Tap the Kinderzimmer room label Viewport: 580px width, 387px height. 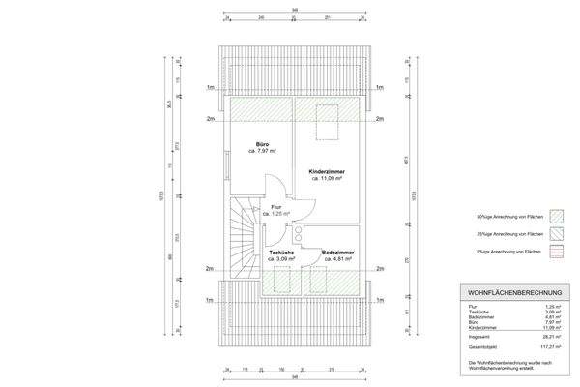pyautogui.click(x=328, y=172)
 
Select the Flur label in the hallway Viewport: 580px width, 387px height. pyautogui.click(x=276, y=207)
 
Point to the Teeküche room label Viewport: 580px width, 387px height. pyautogui.click(x=281, y=253)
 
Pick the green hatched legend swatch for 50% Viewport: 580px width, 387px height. pyautogui.click(x=556, y=214)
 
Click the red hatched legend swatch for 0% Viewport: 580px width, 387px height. pyautogui.click(x=556, y=253)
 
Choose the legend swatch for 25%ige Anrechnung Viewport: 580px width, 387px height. pyautogui.click(x=556, y=233)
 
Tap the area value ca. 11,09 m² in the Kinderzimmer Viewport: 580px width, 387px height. pyautogui.click(x=328, y=179)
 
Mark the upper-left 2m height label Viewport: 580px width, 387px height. pyautogui.click(x=210, y=119)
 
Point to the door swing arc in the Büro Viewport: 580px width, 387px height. pyautogui.click(x=273, y=184)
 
